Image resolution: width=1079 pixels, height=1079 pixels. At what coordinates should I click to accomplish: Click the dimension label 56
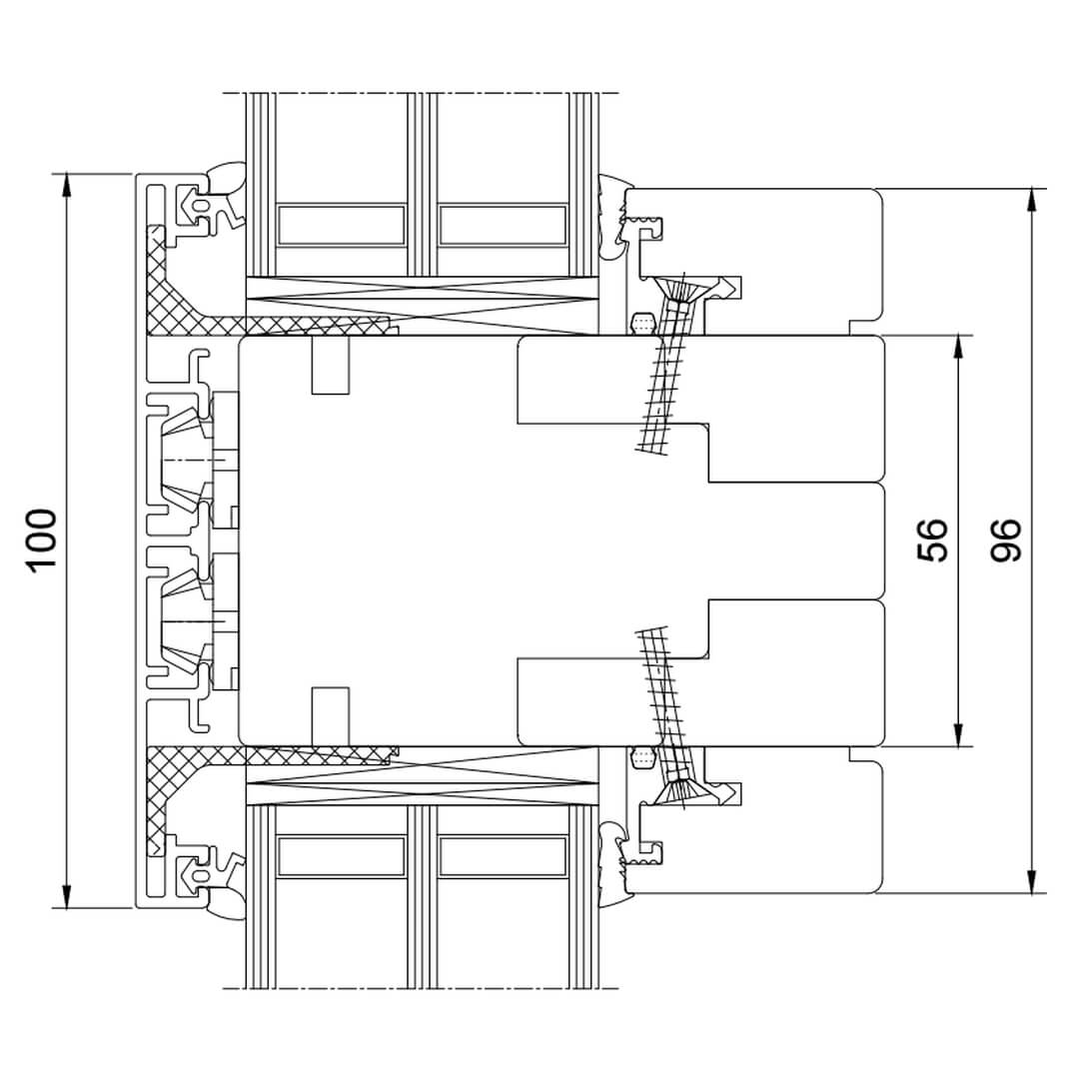[x=933, y=540]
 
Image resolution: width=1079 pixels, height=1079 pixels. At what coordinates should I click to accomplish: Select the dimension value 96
[x=1006, y=540]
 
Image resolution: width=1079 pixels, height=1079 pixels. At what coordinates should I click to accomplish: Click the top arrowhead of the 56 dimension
[x=958, y=349]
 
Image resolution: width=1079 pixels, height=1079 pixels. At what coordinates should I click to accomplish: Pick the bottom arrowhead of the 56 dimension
[x=958, y=733]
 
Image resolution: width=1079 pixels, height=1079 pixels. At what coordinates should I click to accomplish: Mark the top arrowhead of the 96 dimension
[x=1031, y=202]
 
